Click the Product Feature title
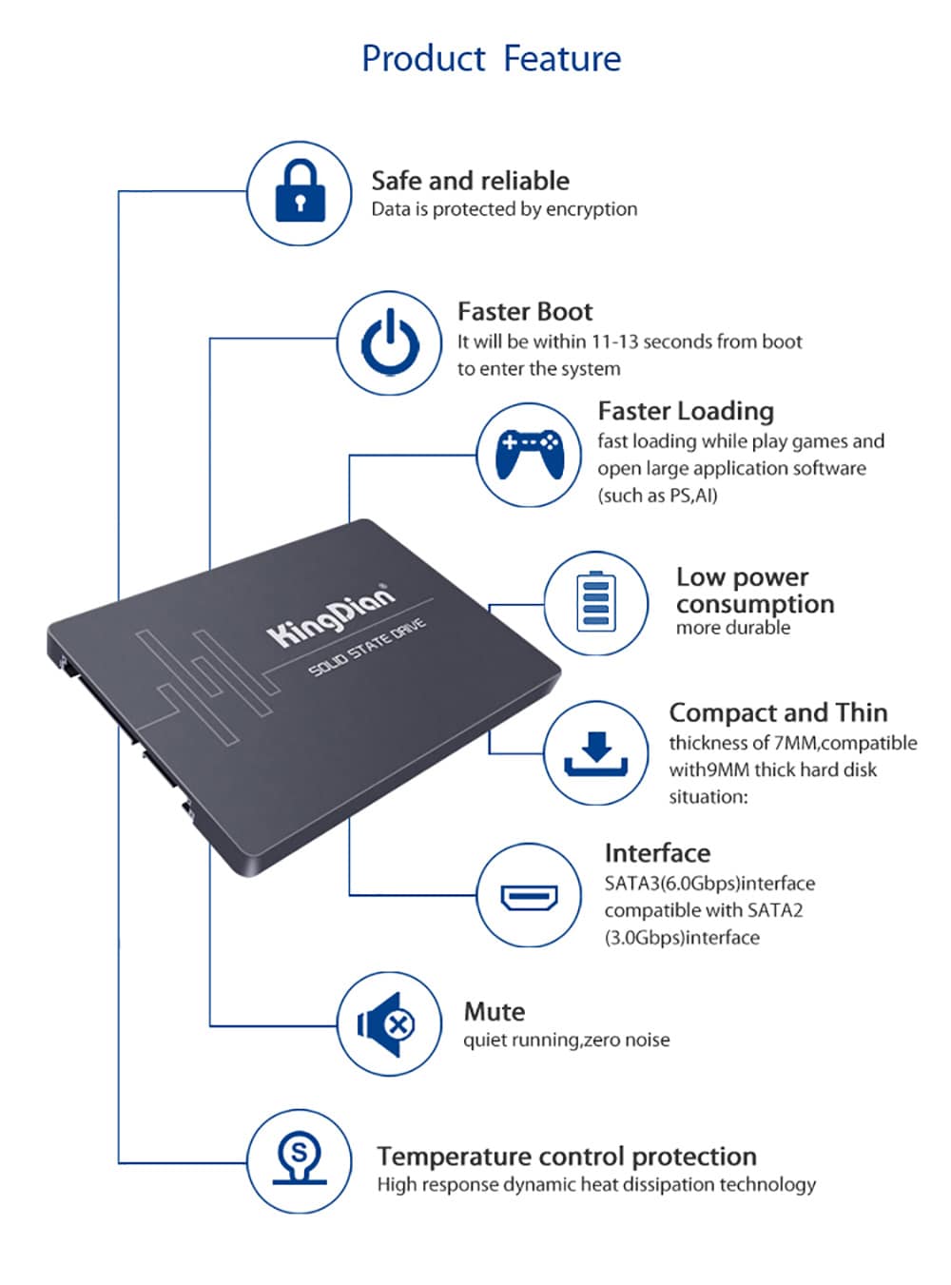pyautogui.click(x=491, y=59)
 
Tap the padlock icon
pyautogui.click(x=300, y=192)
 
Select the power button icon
pyautogui.click(x=389, y=343)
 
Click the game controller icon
pyautogui.click(x=529, y=454)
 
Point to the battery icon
pyautogui.click(x=595, y=603)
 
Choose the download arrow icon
pyautogui.click(x=595, y=753)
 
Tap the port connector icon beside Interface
pyautogui.click(x=529, y=896)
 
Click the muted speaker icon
pyautogui.click(x=388, y=1024)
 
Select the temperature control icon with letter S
pyautogui.click(x=299, y=1161)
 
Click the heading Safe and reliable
pyautogui.click(x=470, y=181)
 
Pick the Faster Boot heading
pyautogui.click(x=524, y=312)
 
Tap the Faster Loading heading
pyautogui.click(x=686, y=411)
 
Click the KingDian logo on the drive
pyautogui.click(x=330, y=616)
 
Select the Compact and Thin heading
pyautogui.click(x=778, y=713)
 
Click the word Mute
pyautogui.click(x=494, y=1012)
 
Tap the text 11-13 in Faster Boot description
pyautogui.click(x=614, y=341)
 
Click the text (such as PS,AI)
pyautogui.click(x=657, y=496)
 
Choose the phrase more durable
pyautogui.click(x=732, y=628)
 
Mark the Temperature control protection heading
pyautogui.click(x=567, y=1157)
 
